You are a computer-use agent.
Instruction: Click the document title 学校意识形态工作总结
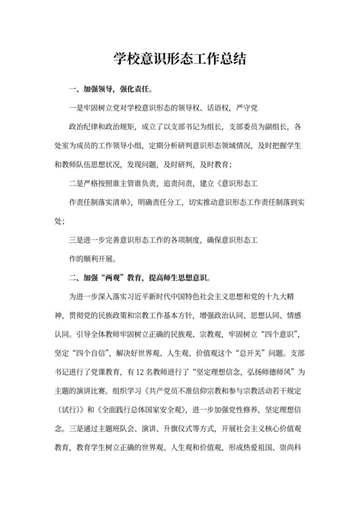click(x=180, y=58)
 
